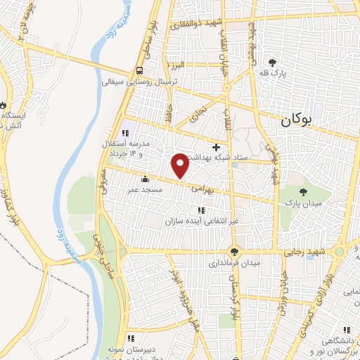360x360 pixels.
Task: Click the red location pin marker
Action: [180, 165]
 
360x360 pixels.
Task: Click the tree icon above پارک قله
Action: [282, 63]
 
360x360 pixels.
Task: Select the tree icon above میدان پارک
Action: [303, 191]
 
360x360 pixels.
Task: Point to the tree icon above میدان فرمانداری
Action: [235, 252]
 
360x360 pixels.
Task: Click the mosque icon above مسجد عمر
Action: [145, 179]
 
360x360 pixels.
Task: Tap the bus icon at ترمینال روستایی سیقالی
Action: [140, 70]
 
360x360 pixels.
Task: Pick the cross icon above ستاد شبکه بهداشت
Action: [217, 146]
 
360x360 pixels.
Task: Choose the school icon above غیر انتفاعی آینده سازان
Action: [201, 210]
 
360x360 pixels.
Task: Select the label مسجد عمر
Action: [145, 190]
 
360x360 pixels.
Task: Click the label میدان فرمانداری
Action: [235, 264]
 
